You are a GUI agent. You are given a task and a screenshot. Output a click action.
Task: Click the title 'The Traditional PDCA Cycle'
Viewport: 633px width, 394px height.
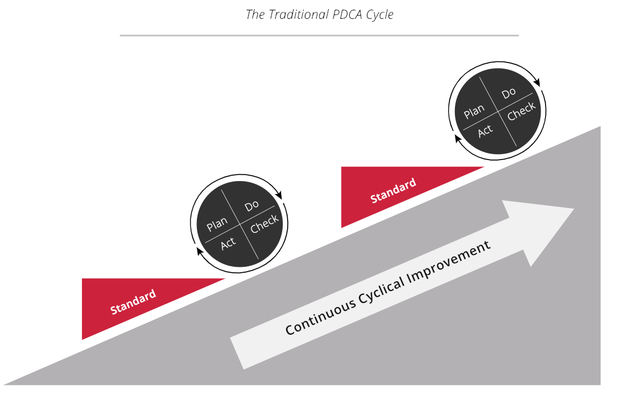coord(319,15)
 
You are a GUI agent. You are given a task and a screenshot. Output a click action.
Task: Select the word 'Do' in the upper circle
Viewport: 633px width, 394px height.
coord(509,94)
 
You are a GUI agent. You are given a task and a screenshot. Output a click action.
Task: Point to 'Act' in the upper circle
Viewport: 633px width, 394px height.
coord(486,130)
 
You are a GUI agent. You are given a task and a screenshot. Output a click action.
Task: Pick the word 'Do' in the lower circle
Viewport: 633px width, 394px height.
coord(252,205)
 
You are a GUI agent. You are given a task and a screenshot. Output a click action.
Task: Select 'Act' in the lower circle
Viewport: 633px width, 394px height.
coord(228,243)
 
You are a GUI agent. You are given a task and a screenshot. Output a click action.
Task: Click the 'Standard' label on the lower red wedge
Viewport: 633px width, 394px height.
coord(133,302)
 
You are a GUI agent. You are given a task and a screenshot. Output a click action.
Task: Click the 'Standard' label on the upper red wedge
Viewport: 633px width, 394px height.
coord(393,191)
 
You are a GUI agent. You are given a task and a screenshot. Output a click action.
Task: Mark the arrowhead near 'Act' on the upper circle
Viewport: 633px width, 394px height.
coord(458,139)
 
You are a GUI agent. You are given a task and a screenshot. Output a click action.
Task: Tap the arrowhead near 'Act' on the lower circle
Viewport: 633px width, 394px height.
coord(200,251)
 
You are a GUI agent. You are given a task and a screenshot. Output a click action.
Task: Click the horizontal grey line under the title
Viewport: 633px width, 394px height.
coord(319,36)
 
